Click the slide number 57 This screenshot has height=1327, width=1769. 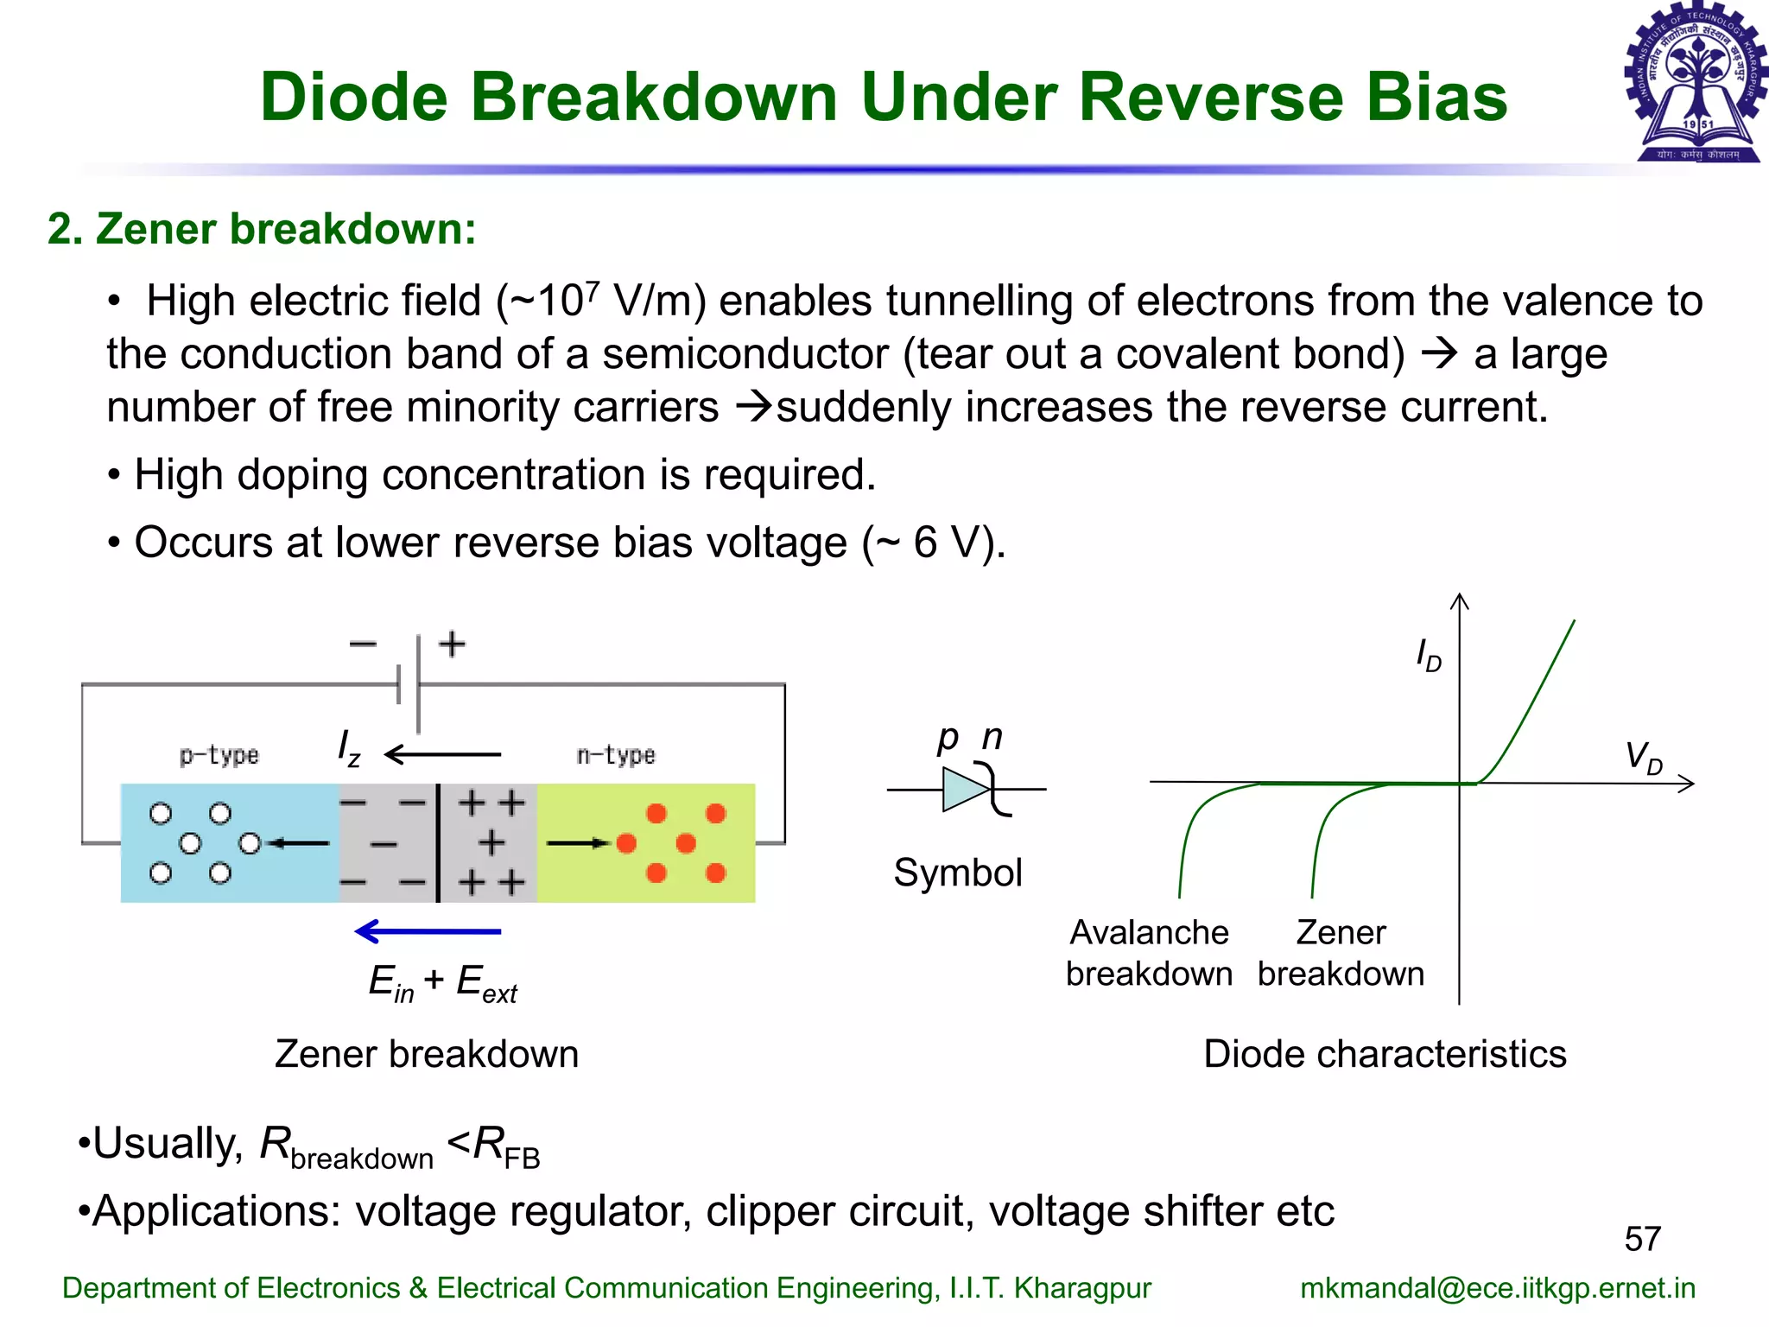tap(1642, 1239)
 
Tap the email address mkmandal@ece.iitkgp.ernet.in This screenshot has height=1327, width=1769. tap(1497, 1287)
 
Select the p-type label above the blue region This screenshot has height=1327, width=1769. tap(219, 755)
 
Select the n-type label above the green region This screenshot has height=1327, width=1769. tap(616, 755)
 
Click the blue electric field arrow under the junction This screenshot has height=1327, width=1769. tap(428, 931)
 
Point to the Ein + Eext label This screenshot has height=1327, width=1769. tap(442, 983)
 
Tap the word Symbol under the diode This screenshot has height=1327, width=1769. tap(958, 873)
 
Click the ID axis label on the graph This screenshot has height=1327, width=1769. tap(1429, 656)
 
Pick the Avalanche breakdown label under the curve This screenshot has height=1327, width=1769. tap(1149, 953)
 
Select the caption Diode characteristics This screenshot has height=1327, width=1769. tap(1385, 1054)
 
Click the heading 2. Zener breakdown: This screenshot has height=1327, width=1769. tap(262, 229)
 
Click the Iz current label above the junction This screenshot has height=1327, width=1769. tap(349, 748)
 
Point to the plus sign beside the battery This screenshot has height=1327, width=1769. tap(452, 644)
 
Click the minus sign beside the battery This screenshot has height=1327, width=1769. tap(363, 644)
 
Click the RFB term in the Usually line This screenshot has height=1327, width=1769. tap(506, 1147)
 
